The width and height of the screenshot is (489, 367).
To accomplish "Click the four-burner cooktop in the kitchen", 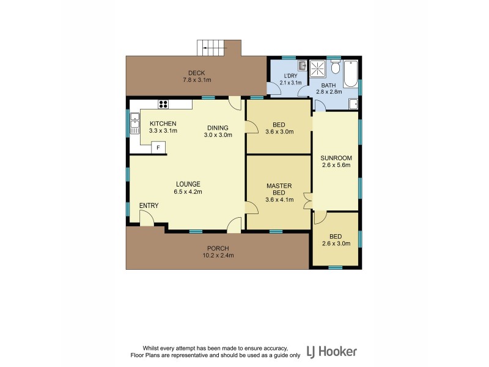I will [x=164, y=104].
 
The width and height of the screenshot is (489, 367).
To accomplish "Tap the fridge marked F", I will [x=158, y=147].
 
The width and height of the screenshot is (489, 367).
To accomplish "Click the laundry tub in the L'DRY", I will [x=302, y=66].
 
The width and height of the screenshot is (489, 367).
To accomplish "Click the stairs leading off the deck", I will [x=212, y=48].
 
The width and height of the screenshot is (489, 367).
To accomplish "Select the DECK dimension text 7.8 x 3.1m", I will [x=196, y=80].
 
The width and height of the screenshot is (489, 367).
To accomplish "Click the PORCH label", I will [x=218, y=248].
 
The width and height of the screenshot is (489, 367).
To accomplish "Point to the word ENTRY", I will [x=149, y=206].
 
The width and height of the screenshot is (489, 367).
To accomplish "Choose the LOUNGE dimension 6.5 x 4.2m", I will [x=188, y=191].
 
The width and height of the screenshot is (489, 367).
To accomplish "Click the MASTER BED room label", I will [x=279, y=189].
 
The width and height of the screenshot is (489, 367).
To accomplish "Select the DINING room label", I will [x=218, y=128].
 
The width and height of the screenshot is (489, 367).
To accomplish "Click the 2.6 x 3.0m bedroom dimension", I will [x=336, y=243].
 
